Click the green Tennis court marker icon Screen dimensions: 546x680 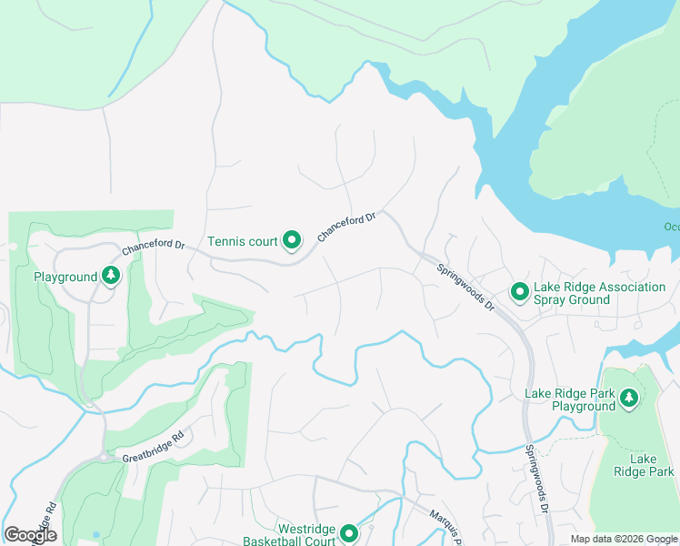(x=292, y=241)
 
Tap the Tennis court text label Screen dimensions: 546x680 (x=242, y=242)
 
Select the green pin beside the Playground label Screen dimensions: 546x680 (x=111, y=276)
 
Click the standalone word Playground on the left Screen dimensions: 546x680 (x=65, y=277)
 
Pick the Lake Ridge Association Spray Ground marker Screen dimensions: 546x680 (x=519, y=292)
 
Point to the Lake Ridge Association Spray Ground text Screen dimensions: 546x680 (x=599, y=293)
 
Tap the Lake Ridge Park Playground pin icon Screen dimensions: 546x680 (x=627, y=398)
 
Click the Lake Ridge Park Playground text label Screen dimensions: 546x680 (x=570, y=400)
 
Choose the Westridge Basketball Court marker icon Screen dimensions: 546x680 (x=347, y=534)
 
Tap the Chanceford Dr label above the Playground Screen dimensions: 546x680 (x=153, y=247)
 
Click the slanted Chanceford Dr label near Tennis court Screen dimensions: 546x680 (x=346, y=227)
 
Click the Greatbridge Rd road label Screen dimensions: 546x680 (x=153, y=452)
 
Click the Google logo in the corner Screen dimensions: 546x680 (x=30, y=535)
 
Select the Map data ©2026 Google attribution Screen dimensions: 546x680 (x=623, y=539)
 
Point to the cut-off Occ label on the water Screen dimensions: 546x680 (x=670, y=227)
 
